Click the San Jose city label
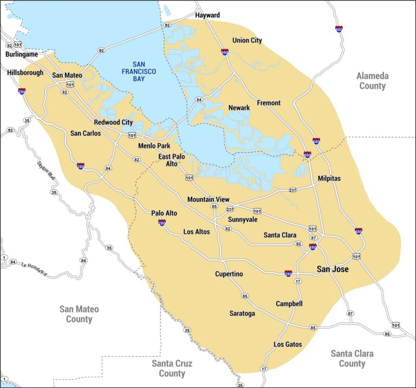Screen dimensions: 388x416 tap(333, 269)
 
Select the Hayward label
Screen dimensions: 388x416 tap(207, 15)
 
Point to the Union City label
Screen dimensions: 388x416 tap(247, 41)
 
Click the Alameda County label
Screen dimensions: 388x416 tap(372, 81)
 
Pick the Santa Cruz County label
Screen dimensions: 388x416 tap(172, 368)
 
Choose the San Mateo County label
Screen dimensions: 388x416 tap(79, 314)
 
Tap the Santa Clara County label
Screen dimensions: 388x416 tap(352, 358)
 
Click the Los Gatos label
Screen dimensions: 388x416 tap(288, 344)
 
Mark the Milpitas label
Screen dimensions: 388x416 tap(329, 178)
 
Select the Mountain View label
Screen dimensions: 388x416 tap(208, 200)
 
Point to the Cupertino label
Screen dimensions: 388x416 tap(229, 274)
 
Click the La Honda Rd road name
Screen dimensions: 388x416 tap(35, 265)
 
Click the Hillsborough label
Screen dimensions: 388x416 tap(25, 73)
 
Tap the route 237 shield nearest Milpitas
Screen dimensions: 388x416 tap(292, 190)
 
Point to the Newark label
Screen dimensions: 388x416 tap(239, 108)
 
